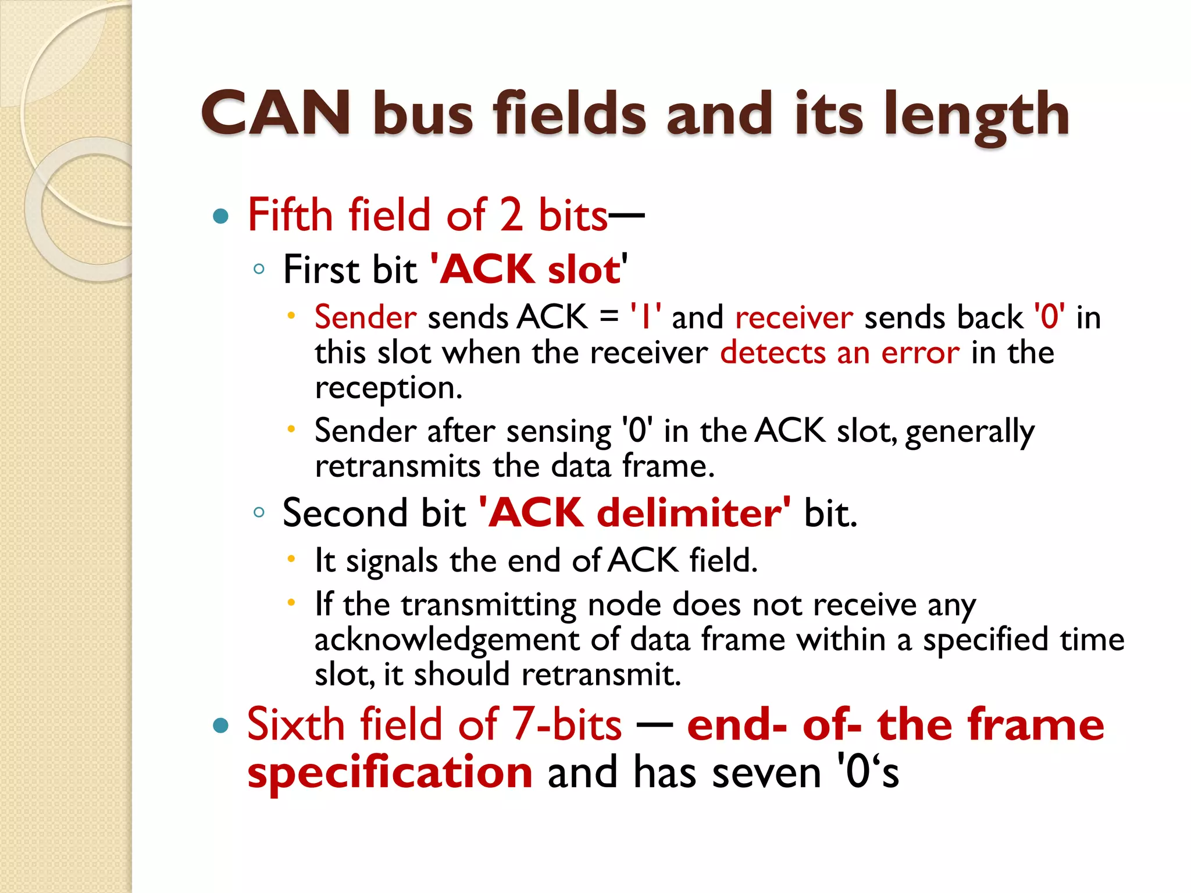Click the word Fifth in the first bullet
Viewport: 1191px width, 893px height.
[290, 215]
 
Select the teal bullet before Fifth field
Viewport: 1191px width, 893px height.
[221, 217]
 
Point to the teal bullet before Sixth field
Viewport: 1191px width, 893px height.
[221, 726]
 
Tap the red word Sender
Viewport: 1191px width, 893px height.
[365, 318]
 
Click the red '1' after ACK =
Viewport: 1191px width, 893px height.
[645, 318]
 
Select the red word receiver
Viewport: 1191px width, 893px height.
[794, 318]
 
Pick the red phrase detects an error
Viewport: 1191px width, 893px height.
[839, 353]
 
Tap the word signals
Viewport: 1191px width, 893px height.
[391, 562]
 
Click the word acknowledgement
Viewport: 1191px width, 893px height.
[447, 640]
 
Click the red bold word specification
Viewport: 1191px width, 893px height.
[390, 773]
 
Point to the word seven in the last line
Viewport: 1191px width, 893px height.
[766, 773]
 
